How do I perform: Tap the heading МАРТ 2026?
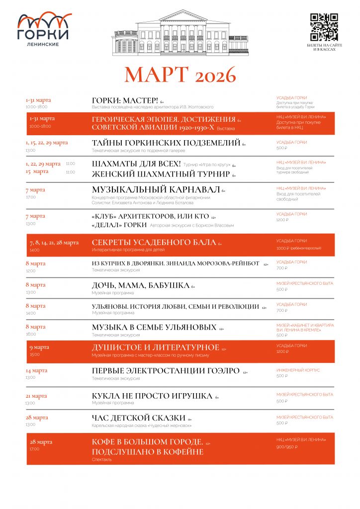180,75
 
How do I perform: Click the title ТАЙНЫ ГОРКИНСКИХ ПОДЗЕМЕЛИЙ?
166,143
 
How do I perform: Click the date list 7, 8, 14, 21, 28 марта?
54,243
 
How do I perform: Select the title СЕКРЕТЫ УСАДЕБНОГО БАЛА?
154,242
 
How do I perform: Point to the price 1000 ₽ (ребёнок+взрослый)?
299,248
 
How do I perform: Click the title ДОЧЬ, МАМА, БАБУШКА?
141,285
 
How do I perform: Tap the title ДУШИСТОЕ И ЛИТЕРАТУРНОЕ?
156,347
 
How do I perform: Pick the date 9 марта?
39,347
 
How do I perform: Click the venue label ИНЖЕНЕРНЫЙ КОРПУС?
298,370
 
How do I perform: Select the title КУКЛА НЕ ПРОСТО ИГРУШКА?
152,396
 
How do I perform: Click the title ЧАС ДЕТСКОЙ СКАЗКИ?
139,418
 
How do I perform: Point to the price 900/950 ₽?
287,447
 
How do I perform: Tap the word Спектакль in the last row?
102,460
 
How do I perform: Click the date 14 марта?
36,371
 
